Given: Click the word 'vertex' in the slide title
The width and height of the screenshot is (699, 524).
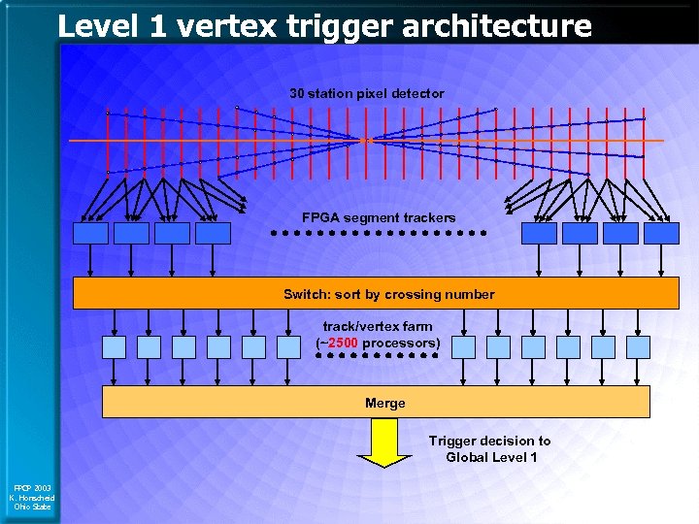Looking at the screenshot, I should pos(218,25).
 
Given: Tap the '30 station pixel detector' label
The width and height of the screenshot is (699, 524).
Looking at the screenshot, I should pos(367,94).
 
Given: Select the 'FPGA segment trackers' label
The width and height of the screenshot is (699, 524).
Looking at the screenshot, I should pos(378,217).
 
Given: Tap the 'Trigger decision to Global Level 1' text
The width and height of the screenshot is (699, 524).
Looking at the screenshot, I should pos(489,448).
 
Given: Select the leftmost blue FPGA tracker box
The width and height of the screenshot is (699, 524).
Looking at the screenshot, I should pos(90,233).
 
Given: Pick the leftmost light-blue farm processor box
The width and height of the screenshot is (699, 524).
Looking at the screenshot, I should pos(114,347).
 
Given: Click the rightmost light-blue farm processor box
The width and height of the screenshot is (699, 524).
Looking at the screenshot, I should pos(638,347).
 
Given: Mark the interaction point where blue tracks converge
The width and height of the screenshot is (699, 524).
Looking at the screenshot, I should pos(365,141).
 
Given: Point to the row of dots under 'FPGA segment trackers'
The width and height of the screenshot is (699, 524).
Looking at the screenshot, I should pos(378,233).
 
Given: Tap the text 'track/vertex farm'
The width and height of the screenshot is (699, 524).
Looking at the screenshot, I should pos(378,327).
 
